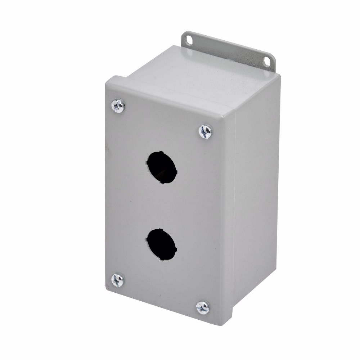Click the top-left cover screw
point(118,106)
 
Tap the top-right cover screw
point(205,131)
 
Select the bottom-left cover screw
point(117,280)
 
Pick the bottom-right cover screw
point(203,307)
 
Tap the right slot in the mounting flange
point(267,62)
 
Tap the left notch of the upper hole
point(147,162)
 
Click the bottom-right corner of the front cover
point(221,324)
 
